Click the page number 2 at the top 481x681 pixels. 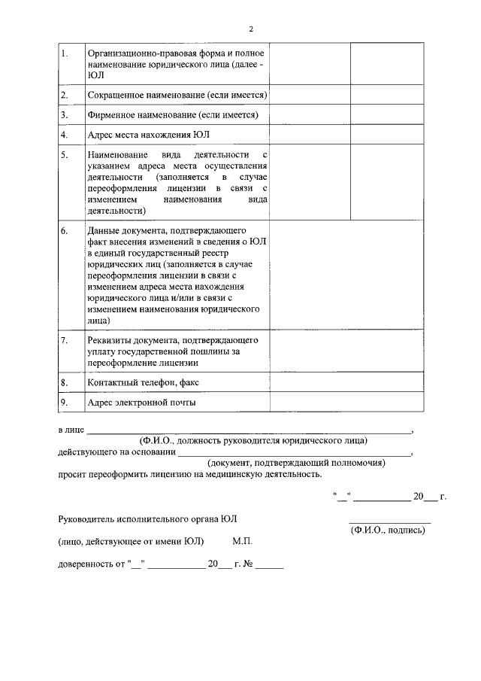coord(251,29)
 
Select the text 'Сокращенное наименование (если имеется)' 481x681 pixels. coord(177,95)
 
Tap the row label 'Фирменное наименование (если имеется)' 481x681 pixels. coord(173,115)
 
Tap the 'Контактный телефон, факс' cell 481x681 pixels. coord(143,383)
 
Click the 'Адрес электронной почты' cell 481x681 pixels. coord(142,403)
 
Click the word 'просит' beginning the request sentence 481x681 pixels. coord(72,475)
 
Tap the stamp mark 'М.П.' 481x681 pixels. coord(243,541)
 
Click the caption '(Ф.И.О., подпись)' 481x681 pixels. coord(388,530)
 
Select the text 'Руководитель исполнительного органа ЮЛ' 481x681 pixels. coord(151,520)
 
